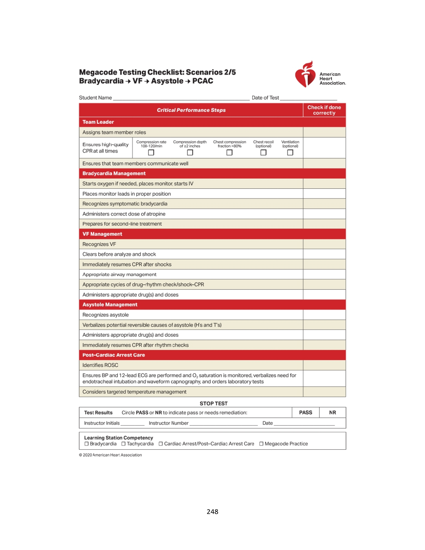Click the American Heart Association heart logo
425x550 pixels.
305,74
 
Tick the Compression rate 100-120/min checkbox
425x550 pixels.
151,153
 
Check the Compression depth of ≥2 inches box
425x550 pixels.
190,153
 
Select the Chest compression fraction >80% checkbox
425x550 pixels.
229,153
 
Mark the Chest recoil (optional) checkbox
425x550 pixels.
263,153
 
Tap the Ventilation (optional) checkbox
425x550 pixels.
290,153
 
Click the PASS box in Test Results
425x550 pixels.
306,412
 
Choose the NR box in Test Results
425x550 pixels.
332,412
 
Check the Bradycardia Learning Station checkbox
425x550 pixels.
86,444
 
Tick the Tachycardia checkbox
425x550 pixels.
123,444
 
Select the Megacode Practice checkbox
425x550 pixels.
261,444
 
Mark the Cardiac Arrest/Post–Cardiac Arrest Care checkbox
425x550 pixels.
161,444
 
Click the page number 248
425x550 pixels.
212,512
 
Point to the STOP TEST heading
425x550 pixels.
214,403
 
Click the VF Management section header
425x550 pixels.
102,234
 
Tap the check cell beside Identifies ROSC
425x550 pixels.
324,365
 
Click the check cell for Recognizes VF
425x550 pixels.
324,244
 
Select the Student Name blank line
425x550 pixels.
181,99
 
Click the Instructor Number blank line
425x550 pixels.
224,424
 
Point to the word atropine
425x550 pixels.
155,214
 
